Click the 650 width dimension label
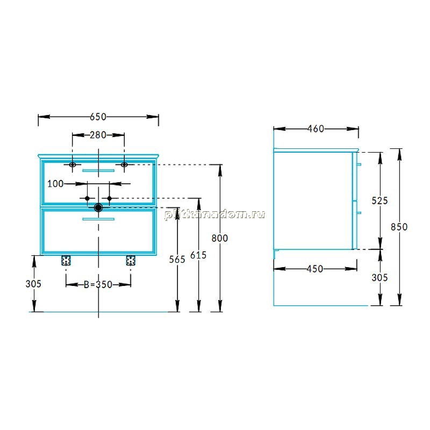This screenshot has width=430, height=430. coord(98,117)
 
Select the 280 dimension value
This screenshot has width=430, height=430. coord(98,135)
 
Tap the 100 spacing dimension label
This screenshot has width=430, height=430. coord(55,184)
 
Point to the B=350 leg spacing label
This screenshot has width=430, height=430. coord(98,285)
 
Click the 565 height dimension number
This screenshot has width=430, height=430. coord(177,260)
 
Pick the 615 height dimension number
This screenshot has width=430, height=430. coord(198,255)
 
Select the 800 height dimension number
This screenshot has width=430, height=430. coord(220,238)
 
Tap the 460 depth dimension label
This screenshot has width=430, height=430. coord(316,129)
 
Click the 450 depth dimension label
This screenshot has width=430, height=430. coord(315,269)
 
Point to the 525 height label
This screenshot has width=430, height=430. coord(380,200)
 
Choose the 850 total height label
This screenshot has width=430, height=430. coord(399,227)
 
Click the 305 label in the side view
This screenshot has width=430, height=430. coord(380,278)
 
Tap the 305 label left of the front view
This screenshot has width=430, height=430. coord(33,284)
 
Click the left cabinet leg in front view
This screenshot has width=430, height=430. coord(66,261)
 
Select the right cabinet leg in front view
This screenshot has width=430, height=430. coord(131,261)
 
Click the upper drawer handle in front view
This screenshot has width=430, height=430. coord(98,170)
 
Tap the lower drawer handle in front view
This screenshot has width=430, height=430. coord(98,219)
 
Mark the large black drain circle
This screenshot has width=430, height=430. coord(98,207)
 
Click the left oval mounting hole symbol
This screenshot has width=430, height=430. coord(73,164)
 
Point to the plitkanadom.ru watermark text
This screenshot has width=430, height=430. coord(214,214)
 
